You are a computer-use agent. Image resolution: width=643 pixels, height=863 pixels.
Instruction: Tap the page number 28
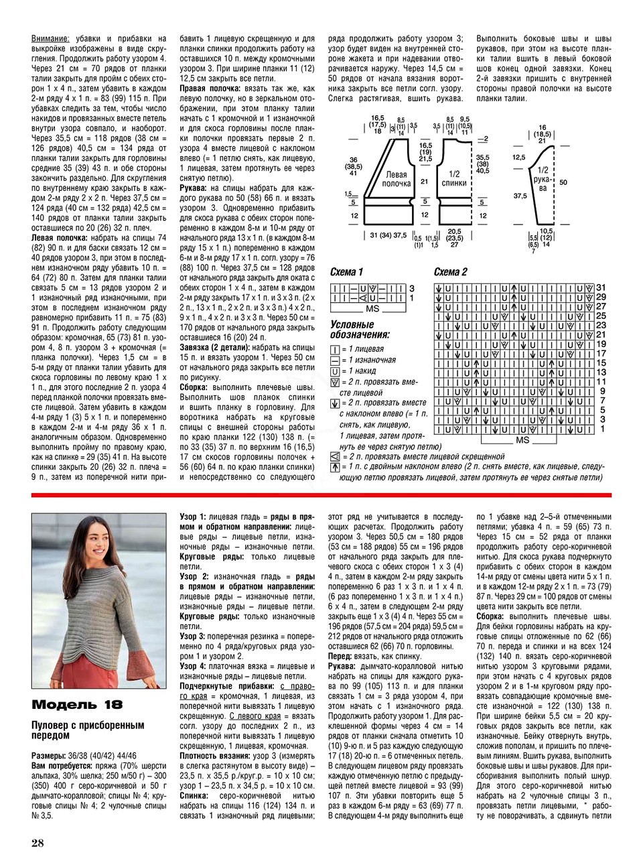(x=38, y=842)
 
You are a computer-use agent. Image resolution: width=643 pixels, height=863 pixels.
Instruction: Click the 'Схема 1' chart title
(x=346, y=271)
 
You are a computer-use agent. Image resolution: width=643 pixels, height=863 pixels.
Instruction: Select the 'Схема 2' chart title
(x=451, y=271)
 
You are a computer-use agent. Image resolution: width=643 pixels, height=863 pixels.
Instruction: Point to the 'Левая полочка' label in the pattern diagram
(x=394, y=179)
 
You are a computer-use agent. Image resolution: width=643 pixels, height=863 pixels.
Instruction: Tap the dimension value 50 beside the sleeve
(x=563, y=182)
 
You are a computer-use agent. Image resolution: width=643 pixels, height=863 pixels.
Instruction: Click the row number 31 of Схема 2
(x=601, y=287)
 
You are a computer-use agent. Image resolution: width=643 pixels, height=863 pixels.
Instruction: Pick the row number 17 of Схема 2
(x=601, y=353)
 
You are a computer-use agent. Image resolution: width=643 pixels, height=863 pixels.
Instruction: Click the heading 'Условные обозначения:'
(x=360, y=329)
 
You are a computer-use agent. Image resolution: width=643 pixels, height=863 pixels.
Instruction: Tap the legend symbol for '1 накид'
(x=335, y=371)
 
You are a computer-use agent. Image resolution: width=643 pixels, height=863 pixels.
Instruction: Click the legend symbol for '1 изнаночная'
(x=335, y=360)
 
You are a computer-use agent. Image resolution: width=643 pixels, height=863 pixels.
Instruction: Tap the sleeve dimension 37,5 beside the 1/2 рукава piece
(x=519, y=196)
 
